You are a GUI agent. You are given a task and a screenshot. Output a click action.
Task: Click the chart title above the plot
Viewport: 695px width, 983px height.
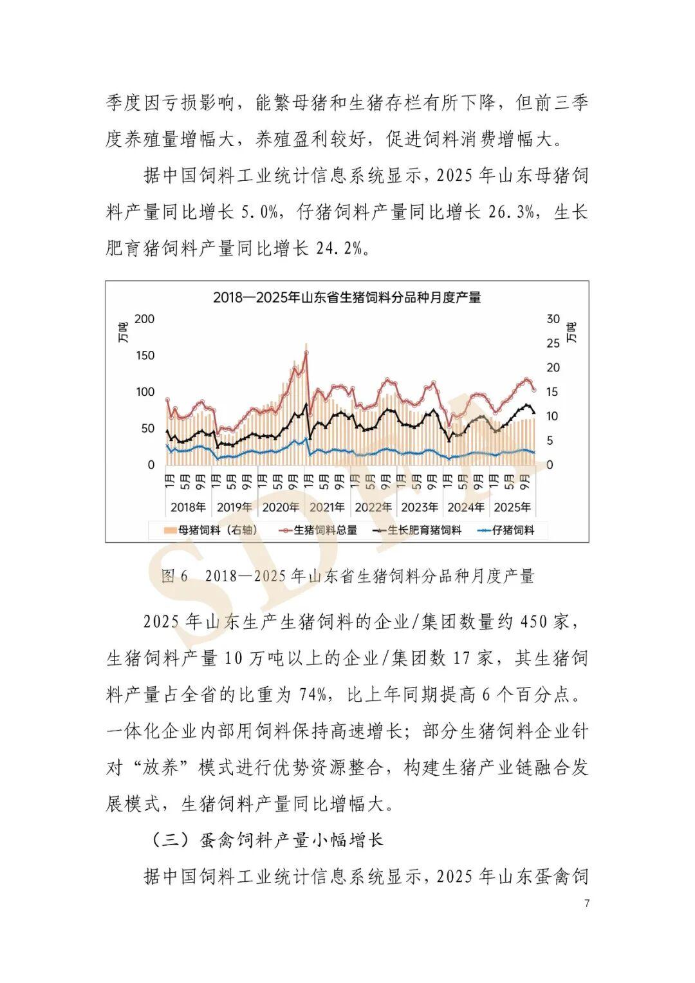point(347,297)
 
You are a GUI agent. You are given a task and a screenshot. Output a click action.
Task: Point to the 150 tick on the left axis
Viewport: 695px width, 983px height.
point(145,355)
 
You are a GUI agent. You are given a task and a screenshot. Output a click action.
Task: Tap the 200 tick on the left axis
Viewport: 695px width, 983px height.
point(145,319)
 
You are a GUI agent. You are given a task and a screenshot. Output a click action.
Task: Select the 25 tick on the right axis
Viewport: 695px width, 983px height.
point(553,343)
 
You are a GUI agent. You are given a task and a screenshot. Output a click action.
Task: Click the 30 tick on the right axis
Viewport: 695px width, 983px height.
point(553,319)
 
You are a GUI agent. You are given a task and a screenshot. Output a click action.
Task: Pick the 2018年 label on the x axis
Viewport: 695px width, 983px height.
point(188,507)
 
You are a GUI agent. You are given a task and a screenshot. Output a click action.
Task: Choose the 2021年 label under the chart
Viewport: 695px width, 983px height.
point(327,507)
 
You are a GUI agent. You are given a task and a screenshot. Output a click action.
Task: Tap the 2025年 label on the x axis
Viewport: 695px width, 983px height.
point(512,507)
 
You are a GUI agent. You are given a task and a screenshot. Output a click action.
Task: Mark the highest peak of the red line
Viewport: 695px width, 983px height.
point(306,352)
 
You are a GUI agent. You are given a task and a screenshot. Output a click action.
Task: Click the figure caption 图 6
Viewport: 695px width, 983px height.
point(174,576)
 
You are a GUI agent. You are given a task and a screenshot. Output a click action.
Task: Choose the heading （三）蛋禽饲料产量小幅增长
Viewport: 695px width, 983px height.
point(266,840)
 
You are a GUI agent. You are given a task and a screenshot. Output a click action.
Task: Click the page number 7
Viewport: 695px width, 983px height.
point(586,903)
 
